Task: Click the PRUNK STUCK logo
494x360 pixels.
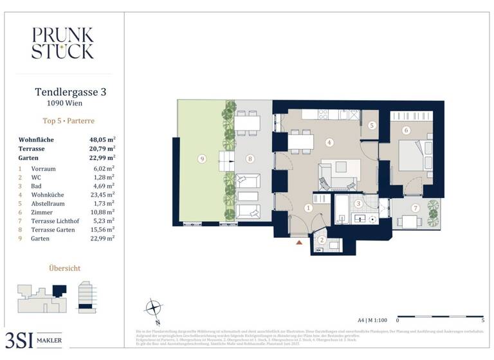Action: click(62, 43)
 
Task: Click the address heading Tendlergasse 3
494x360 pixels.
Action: click(70, 93)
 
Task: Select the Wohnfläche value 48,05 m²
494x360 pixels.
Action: click(102, 139)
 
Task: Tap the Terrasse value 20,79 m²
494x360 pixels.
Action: click(102, 148)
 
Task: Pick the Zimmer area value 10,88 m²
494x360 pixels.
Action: click(102, 212)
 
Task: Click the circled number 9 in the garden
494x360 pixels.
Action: click(202, 159)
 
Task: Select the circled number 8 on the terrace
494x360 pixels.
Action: click(250, 159)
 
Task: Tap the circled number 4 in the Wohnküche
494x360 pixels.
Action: click(329, 142)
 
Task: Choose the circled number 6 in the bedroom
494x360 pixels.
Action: click(406, 130)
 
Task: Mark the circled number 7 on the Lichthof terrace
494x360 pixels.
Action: click(416, 208)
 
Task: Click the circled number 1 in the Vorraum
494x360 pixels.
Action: click(308, 208)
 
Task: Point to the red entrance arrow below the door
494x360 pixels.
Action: click(298, 242)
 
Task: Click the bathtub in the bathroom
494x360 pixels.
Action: click(341, 210)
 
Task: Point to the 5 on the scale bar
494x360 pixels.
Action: click(482, 319)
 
